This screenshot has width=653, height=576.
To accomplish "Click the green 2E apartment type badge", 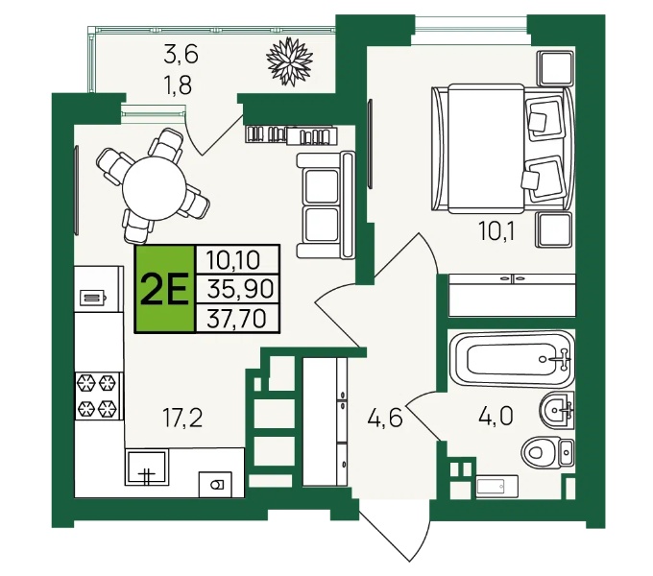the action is [164, 289].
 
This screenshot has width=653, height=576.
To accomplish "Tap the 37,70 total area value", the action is [236, 319].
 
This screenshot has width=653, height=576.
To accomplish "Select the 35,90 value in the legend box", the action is [240, 289].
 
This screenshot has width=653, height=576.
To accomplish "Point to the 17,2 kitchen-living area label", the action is [182, 418].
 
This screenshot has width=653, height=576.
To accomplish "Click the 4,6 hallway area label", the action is [385, 418].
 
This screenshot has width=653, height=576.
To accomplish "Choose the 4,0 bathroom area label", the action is [496, 417].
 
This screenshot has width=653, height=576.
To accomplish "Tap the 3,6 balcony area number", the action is [181, 55].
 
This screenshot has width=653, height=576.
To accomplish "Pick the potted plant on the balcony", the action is [289, 61].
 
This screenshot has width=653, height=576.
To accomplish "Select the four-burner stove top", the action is [99, 396].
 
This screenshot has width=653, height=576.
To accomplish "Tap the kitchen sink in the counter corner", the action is [147, 467].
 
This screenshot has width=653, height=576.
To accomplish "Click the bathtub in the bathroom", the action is [512, 359].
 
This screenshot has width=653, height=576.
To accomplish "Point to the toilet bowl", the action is [547, 451].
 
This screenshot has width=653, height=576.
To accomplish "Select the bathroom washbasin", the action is [557, 409].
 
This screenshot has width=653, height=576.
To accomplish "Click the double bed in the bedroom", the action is [503, 149].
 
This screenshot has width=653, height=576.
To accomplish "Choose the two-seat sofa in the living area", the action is [326, 204].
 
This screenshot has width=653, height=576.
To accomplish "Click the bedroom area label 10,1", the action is [496, 231].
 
